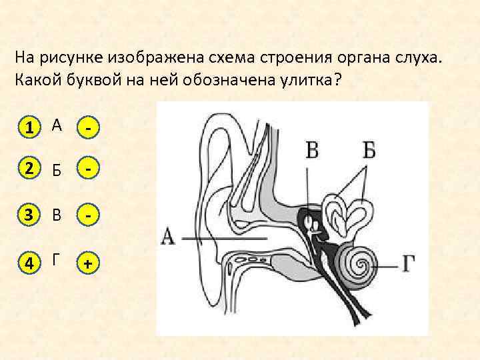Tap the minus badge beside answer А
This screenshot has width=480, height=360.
87,126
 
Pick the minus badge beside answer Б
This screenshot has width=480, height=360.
87,171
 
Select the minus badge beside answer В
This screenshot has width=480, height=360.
87,216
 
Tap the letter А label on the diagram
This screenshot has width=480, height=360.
169,237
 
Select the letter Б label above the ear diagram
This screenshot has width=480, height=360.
369,150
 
